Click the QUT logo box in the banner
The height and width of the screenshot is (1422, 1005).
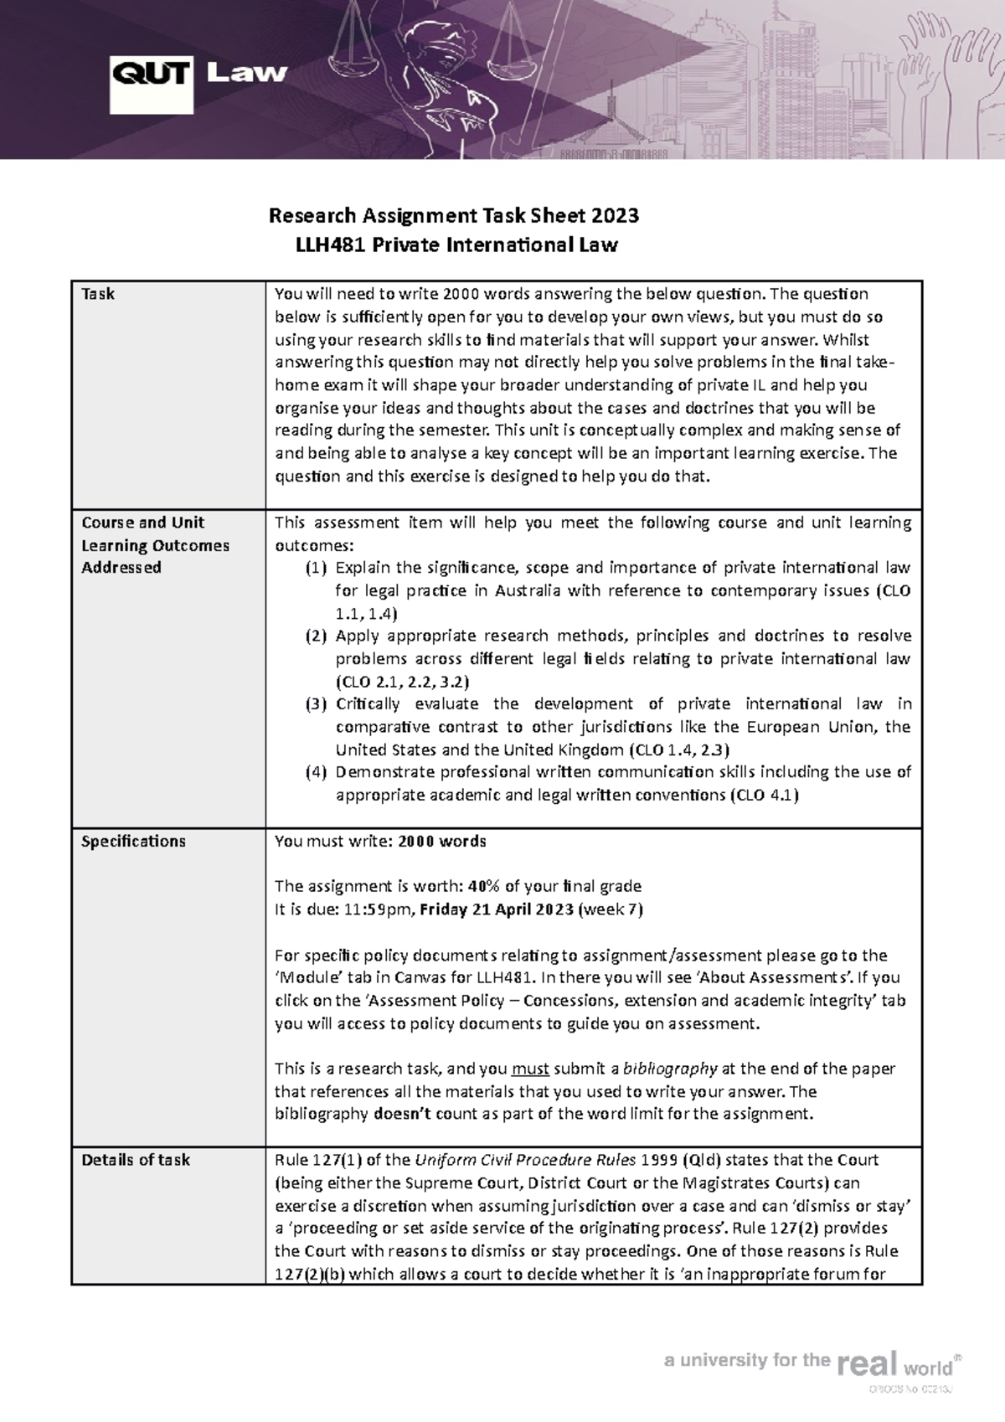(152, 75)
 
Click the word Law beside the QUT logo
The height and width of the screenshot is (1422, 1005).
(246, 73)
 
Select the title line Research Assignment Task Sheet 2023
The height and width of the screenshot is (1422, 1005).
(453, 216)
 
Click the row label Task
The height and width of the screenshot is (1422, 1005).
(98, 294)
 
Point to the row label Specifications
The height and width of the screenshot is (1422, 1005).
(133, 841)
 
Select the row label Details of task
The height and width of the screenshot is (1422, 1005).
(135, 1160)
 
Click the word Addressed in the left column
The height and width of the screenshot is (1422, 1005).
(121, 568)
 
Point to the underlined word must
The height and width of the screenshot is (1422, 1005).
(529, 1069)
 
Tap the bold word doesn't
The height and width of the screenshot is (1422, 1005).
(399, 1114)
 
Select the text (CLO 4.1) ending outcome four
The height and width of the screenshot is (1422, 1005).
(765, 795)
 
